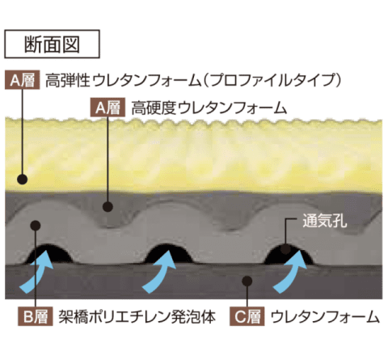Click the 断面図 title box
point(52,44)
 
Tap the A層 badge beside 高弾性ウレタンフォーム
point(23,80)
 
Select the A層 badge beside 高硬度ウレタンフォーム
point(108,108)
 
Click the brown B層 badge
point(36,316)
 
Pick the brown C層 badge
point(247,316)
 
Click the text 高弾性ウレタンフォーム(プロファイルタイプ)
point(193,80)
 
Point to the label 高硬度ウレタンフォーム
point(209,108)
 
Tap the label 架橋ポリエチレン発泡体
point(137,317)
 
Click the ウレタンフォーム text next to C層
point(325,317)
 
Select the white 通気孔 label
point(325,222)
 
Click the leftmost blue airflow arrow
point(38,273)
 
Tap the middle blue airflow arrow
point(159,273)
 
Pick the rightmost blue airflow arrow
point(291,273)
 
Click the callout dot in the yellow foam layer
point(23,179)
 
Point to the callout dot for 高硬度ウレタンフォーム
point(108,207)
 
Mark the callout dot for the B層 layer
point(36,225)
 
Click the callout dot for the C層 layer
point(247,281)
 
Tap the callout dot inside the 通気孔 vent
point(285,248)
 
